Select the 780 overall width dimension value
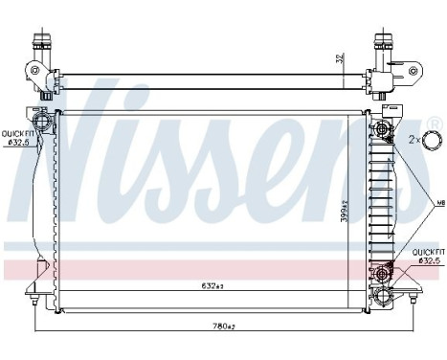[x=222, y=328]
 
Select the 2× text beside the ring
[x=414, y=140]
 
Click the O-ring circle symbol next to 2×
[x=433, y=140]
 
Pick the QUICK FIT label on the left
[x=16, y=133]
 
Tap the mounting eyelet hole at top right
[x=413, y=70]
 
